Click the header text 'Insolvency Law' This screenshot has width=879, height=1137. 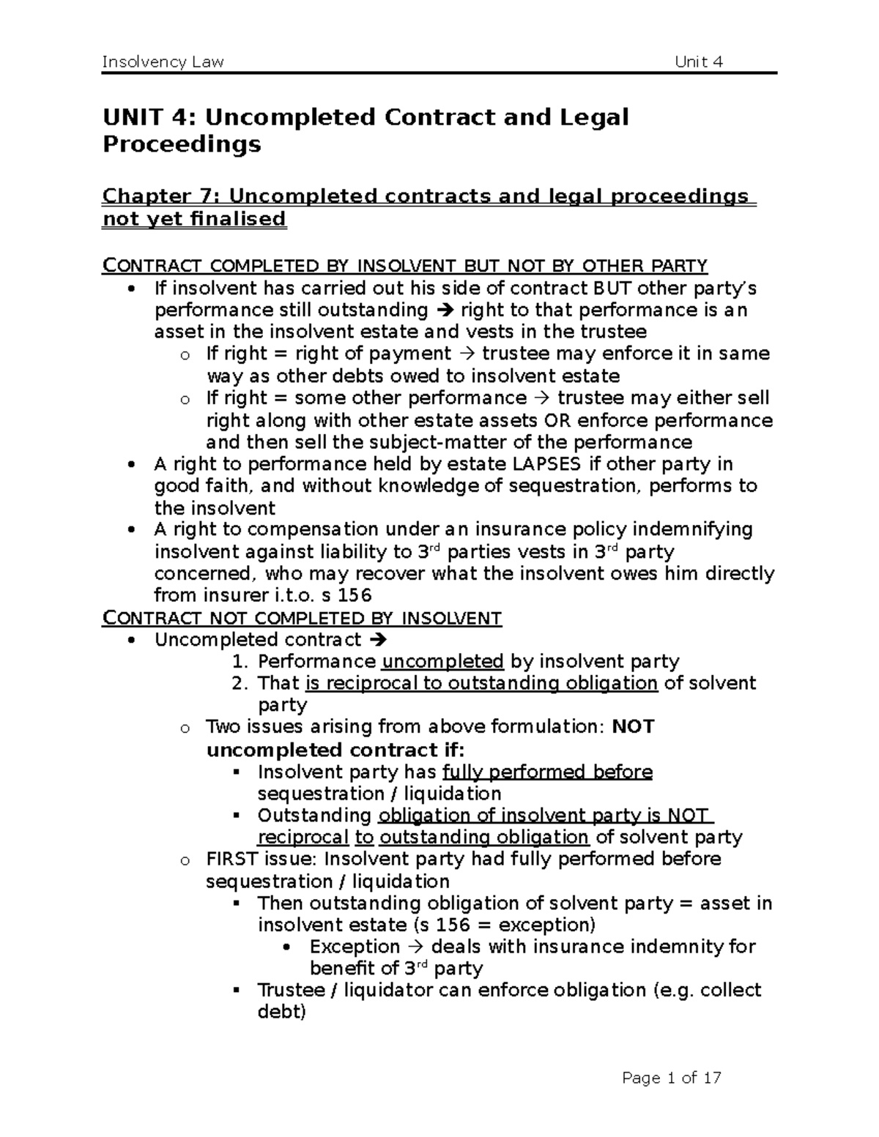coord(163,61)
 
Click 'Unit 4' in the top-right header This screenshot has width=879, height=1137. coord(699,61)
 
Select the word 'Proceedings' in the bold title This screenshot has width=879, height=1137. coord(182,144)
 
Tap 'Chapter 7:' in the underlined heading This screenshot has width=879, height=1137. coord(162,196)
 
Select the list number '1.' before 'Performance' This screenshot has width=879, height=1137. coord(241,662)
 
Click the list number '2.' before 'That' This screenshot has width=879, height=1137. coord(241,683)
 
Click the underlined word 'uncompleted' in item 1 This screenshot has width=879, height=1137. coord(442,662)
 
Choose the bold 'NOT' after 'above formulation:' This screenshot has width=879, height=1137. coord(633,727)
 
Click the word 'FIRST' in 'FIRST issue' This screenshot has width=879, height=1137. coord(232,859)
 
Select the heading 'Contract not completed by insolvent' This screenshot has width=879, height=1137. coord(302,619)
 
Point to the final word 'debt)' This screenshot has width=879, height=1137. coord(282,1012)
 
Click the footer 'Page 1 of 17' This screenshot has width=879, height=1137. coord(672,1078)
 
